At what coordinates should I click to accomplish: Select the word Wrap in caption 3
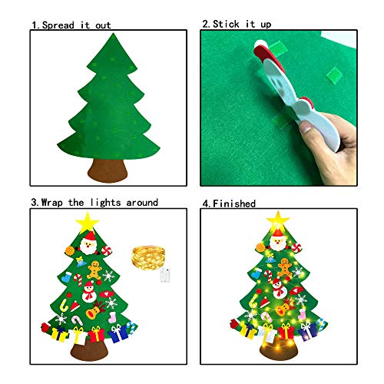59,203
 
